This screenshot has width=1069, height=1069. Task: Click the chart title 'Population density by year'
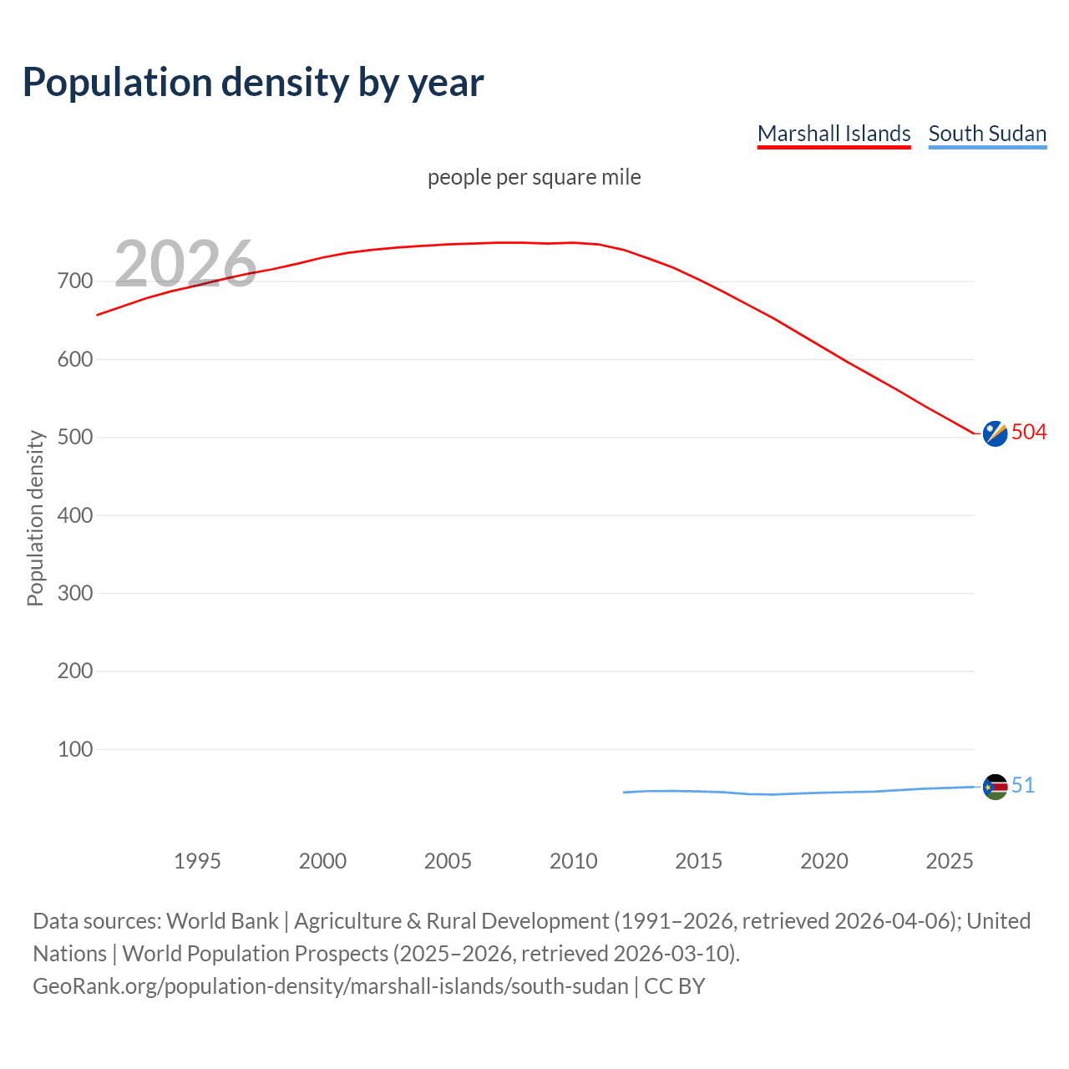coord(253,82)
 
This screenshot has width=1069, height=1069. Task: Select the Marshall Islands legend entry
coord(833,134)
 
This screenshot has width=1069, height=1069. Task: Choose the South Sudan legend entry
coord(987,134)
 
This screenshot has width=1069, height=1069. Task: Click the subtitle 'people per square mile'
coord(534,177)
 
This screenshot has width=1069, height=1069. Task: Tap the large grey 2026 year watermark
coord(185,264)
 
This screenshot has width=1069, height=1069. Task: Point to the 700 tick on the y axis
coord(75,281)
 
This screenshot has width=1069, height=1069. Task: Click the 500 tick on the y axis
coord(75,438)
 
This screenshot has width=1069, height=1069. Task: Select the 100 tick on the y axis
coord(75,749)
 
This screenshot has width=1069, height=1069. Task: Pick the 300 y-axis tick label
coord(75,594)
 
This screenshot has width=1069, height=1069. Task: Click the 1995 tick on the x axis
coord(197,861)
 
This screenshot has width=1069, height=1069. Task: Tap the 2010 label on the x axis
coord(573,861)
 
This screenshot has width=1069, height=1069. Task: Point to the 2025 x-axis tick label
coord(950,861)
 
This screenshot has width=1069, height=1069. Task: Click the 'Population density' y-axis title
coord(35,518)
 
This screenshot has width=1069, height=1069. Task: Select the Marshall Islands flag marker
coord(995,433)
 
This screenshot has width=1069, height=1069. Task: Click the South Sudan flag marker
coord(995,787)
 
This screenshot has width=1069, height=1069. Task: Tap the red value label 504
coord(1029,432)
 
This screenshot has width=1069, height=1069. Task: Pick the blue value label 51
coord(1023,785)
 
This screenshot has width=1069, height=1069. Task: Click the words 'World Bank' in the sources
coord(222,921)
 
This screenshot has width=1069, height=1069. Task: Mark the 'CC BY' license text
coord(675,986)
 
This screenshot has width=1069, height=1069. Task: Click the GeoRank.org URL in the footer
coord(330,986)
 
